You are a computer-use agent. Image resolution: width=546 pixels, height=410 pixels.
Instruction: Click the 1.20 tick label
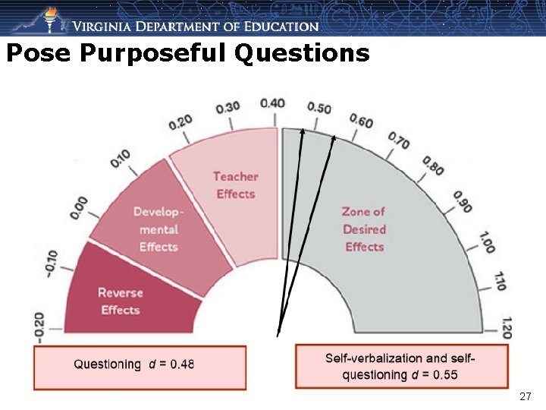pos(506,327)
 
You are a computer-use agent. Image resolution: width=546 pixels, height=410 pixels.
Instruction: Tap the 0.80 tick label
pos(434,165)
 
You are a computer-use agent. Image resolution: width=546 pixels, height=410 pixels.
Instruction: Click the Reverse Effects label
pos(121,301)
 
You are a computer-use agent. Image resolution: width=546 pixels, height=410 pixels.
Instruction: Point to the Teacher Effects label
pos(235,185)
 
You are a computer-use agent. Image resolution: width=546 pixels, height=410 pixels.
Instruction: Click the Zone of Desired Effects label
pos(364,229)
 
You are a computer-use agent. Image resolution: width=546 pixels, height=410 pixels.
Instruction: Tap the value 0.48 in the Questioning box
pos(182,364)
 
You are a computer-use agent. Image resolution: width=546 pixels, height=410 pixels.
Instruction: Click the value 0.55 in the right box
pos(445,374)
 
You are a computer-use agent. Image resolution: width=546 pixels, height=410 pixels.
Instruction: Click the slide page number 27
pos(526,396)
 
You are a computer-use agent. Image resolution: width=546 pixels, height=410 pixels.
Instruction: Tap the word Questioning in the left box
pos(107,364)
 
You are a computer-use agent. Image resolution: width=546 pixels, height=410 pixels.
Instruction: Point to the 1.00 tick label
pos(487,241)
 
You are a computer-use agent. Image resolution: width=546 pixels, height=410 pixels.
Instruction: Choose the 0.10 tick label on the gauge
pos(120,158)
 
